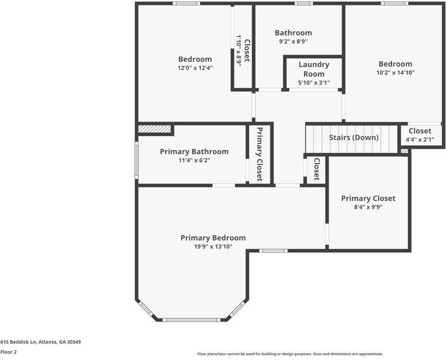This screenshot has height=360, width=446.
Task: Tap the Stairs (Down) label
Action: (x=354, y=137)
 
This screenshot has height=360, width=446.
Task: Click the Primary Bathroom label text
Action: (x=194, y=152)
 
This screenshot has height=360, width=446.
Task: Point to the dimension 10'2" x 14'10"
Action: (x=395, y=73)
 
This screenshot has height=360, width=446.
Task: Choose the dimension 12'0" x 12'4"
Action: (x=195, y=68)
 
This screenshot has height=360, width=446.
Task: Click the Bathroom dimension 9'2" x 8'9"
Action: (x=293, y=41)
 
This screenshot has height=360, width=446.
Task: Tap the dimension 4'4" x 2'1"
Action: (x=420, y=140)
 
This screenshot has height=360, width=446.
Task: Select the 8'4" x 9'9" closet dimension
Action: (x=368, y=207)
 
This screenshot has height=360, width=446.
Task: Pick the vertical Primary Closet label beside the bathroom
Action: (x=260, y=154)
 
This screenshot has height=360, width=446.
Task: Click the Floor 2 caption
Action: (x=8, y=352)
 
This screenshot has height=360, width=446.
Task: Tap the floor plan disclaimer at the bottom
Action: (x=290, y=354)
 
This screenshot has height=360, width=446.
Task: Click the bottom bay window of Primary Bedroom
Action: (x=192, y=319)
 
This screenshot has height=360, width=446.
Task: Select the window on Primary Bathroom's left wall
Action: (x=137, y=160)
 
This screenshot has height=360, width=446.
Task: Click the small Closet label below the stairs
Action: (x=317, y=169)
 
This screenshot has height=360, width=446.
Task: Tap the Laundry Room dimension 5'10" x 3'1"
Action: (x=314, y=83)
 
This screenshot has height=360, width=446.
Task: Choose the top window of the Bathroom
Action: (x=303, y=4)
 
